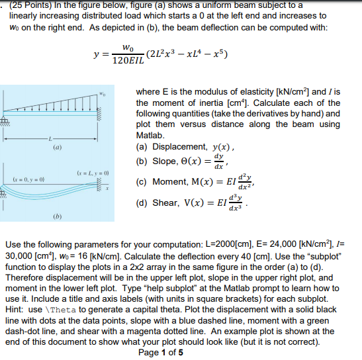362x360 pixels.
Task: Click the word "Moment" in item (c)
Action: [170, 182]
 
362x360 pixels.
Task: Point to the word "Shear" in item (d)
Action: [165, 202]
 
